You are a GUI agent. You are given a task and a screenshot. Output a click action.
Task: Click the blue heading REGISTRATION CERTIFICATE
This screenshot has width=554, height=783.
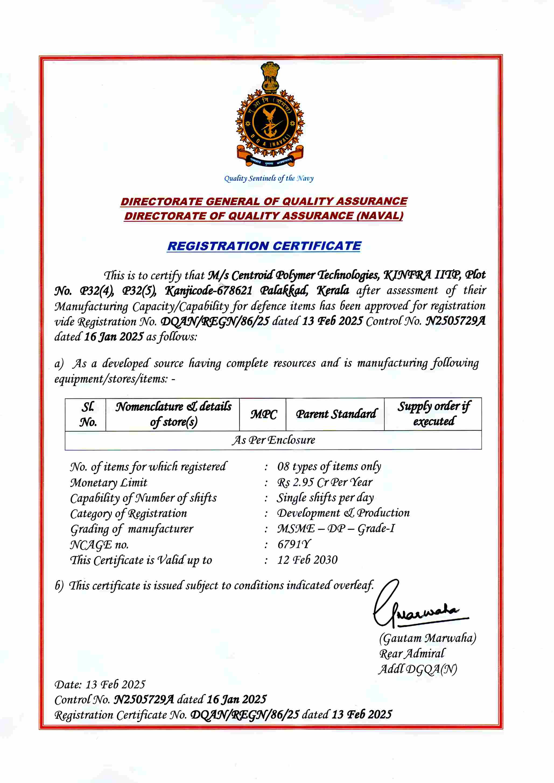click(264, 246)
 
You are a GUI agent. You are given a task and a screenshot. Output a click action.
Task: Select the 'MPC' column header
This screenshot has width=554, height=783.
click(263, 414)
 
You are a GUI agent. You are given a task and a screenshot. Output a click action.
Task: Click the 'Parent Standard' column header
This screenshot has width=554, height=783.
click(336, 414)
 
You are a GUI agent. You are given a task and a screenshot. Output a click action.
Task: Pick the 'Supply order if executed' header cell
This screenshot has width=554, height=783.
click(433, 414)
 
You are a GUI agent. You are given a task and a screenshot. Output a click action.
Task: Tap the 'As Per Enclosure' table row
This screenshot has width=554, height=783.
click(273, 440)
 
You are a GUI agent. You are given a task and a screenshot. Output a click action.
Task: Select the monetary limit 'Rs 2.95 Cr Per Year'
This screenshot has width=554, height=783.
click(324, 482)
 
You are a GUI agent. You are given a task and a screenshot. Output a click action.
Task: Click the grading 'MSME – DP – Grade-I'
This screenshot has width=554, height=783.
click(336, 529)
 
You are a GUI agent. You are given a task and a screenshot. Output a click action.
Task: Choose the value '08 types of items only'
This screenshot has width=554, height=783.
click(329, 466)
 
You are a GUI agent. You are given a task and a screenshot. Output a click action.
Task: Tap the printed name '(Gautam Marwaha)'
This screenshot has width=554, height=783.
click(427, 638)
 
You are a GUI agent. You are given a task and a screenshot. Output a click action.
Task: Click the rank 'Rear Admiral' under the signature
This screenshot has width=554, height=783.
click(412, 654)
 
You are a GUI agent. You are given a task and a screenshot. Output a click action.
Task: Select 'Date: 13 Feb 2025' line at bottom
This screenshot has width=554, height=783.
click(100, 684)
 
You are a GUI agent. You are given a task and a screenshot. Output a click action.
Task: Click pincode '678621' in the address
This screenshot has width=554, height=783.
click(235, 290)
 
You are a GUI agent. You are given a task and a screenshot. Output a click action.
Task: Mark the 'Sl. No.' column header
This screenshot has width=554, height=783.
click(88, 414)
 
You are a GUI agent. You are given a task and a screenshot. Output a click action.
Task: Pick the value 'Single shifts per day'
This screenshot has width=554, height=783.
click(325, 498)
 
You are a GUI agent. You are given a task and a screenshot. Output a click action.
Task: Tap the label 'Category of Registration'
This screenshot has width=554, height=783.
click(129, 514)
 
